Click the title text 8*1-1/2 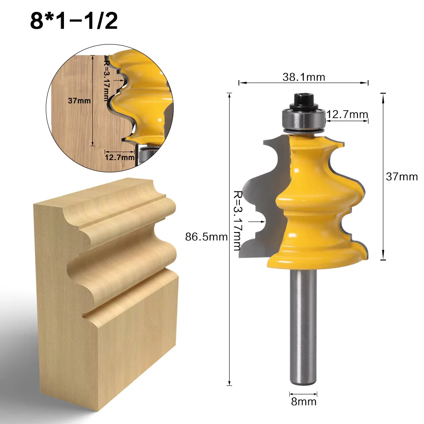coord(74,21)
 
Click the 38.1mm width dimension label coord(304,77)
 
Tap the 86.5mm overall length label coord(206,237)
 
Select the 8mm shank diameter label coord(303,401)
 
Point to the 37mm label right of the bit coord(401,177)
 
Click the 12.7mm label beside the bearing coord(347,114)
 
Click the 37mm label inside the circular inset coord(79,101)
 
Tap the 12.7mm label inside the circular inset coord(120,158)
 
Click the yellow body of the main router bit coord(313,199)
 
